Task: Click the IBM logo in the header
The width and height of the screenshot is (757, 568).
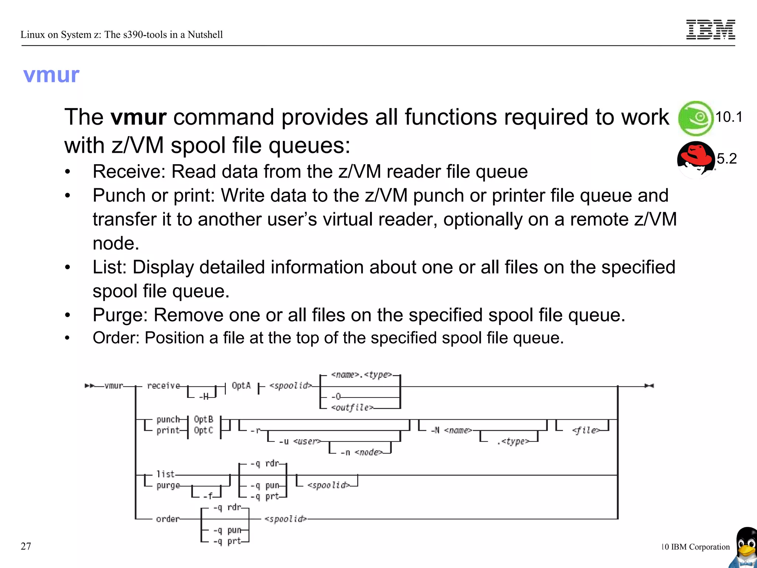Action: click(710, 30)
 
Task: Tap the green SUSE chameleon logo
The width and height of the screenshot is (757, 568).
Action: click(696, 118)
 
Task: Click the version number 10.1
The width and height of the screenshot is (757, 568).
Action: click(729, 117)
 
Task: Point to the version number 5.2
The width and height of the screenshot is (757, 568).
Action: click(727, 159)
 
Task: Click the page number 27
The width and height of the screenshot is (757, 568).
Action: click(26, 546)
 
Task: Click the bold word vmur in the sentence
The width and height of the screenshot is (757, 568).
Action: click(139, 117)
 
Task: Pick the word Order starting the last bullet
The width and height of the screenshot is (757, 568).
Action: click(116, 338)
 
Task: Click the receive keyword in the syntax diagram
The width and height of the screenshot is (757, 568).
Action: click(163, 386)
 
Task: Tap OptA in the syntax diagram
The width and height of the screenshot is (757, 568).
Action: click(241, 386)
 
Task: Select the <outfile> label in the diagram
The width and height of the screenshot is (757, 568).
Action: click(352, 408)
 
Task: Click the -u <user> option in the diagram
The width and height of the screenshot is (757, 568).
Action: click(299, 441)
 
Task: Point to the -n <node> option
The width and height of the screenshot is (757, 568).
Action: click(361, 452)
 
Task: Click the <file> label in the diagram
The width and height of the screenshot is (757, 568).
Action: click(585, 430)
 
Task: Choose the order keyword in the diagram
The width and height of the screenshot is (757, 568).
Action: click(167, 519)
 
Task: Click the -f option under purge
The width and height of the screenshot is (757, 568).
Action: click(208, 496)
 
